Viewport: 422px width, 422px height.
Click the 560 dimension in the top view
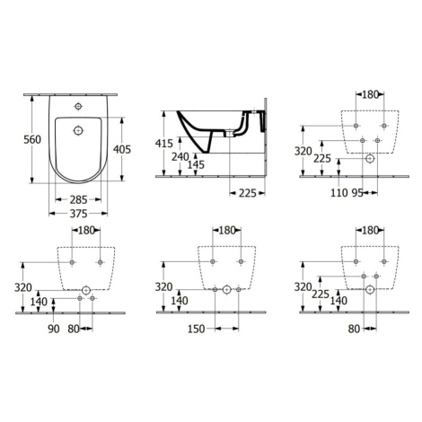(32, 139)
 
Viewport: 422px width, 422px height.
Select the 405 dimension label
(122, 149)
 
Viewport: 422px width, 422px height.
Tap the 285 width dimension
(78, 199)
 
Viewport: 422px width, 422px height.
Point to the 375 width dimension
(78, 214)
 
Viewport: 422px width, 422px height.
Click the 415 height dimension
(164, 144)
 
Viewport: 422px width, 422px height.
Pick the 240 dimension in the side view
(180, 156)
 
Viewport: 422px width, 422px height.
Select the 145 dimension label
(196, 164)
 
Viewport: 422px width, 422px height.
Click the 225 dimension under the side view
(248, 194)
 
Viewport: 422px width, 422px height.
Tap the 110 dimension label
(339, 193)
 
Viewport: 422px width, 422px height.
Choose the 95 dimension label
(357, 193)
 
